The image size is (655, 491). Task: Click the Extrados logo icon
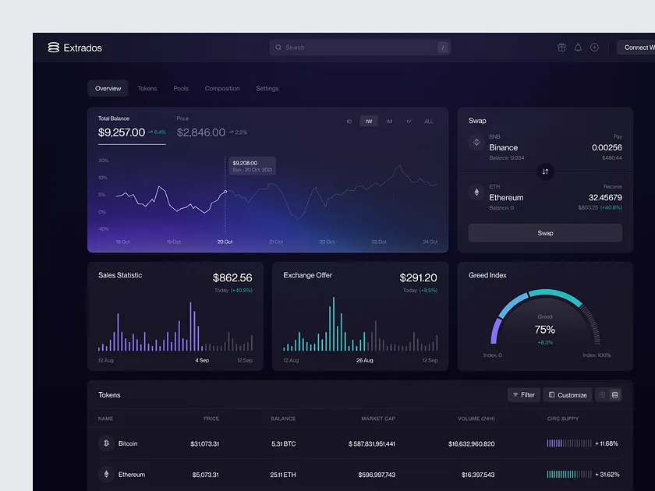(x=53, y=48)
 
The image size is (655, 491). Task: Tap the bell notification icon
(x=578, y=48)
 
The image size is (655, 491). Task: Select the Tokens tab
(x=147, y=89)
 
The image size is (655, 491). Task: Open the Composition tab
(x=222, y=89)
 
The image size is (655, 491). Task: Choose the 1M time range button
(x=389, y=122)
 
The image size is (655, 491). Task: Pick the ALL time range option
(x=429, y=122)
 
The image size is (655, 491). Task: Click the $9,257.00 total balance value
(x=122, y=132)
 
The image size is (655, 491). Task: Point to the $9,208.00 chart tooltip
(x=250, y=166)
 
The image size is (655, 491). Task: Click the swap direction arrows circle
(x=545, y=171)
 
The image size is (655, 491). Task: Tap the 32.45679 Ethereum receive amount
(x=600, y=197)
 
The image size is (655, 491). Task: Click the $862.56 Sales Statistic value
(x=232, y=277)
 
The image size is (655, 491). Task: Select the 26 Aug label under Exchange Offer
(x=365, y=361)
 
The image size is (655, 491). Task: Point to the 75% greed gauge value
(x=545, y=330)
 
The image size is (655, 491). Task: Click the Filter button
(x=523, y=395)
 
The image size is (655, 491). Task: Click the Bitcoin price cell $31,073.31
(x=204, y=443)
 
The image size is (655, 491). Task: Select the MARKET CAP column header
(x=378, y=419)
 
